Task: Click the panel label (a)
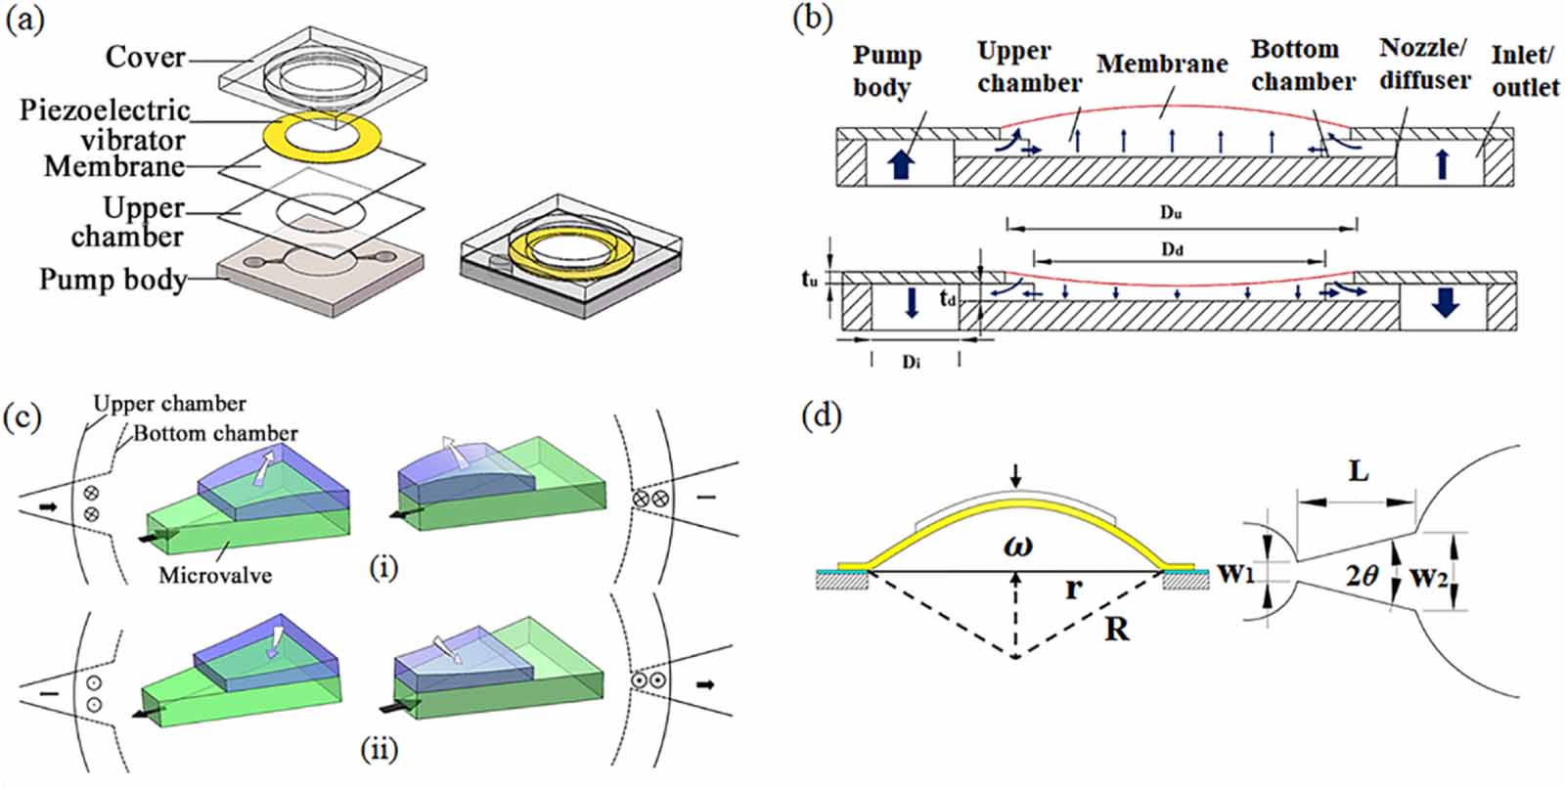pyautogui.click(x=24, y=21)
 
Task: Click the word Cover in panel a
pyautogui.click(x=145, y=57)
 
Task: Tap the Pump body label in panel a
pyautogui.click(x=112, y=281)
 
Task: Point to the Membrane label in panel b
pyautogui.click(x=1162, y=65)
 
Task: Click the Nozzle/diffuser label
pyautogui.click(x=1424, y=64)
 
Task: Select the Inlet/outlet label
pyautogui.click(x=1524, y=70)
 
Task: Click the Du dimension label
pyautogui.click(x=1172, y=212)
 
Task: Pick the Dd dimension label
pyautogui.click(x=1172, y=250)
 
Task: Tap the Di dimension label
pyautogui.click(x=911, y=362)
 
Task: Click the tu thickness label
pyautogui.click(x=810, y=281)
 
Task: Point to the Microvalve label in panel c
pyautogui.click(x=215, y=574)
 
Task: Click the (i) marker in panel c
pyautogui.click(x=383, y=567)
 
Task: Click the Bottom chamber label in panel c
pyautogui.click(x=216, y=433)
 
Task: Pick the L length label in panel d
pyautogui.click(x=1358, y=472)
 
